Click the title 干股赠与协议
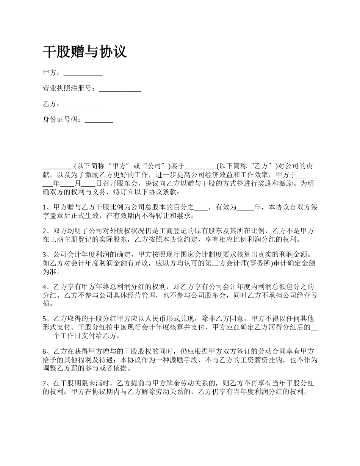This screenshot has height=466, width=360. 85,52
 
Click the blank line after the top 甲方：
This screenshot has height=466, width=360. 83,73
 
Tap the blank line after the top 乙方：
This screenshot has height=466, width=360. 83,105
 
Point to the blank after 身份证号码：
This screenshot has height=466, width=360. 99,120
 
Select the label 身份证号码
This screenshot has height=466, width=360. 62,120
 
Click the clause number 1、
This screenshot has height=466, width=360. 46,208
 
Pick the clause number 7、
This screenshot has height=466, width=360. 46,384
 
